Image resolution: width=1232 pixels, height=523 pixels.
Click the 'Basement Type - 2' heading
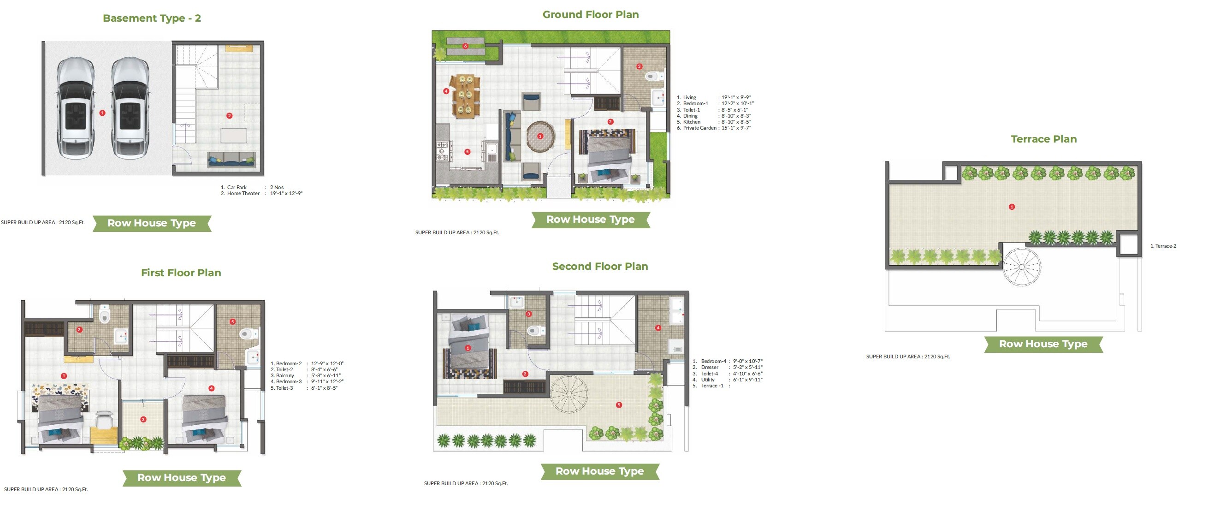coord(152,18)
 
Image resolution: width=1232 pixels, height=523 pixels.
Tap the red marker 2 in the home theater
coord(229,116)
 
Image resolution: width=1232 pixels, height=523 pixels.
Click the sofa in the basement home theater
coord(231,159)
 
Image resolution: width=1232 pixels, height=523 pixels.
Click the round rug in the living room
coord(540,137)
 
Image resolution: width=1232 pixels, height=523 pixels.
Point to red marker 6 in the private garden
coord(465,46)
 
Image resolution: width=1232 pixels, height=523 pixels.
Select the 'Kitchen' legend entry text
coord(692,122)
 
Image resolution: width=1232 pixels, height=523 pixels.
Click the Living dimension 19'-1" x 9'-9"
coord(736,98)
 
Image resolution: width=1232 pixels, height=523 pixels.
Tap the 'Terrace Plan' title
coord(1043,139)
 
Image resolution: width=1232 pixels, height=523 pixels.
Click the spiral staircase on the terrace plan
coord(1022,267)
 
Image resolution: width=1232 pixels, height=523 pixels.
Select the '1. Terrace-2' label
coord(1163,246)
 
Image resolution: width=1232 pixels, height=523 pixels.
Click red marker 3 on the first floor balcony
coord(143,419)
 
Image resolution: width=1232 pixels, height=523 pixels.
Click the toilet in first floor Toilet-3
coord(247,333)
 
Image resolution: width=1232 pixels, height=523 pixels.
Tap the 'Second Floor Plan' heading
coord(600,267)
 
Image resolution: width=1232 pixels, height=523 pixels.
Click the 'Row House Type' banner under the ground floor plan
coord(590,220)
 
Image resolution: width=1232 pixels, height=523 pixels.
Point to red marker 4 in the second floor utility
coord(658,328)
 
